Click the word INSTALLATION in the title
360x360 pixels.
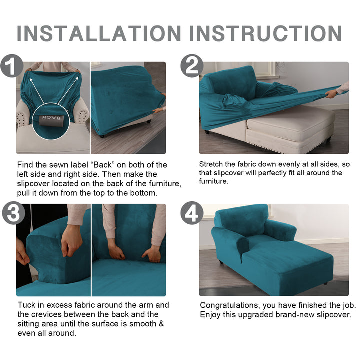[x=99, y=33]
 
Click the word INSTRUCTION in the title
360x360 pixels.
[x=266, y=33]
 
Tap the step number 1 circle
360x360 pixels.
[x=12, y=66]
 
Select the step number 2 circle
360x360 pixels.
[x=192, y=66]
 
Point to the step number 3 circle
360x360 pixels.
[x=13, y=213]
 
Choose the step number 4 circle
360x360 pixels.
[x=192, y=213]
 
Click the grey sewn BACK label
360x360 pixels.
[x=51, y=121]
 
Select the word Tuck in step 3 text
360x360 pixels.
[x=27, y=305]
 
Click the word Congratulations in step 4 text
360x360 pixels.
[x=230, y=306]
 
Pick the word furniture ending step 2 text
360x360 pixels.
[x=214, y=181]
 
